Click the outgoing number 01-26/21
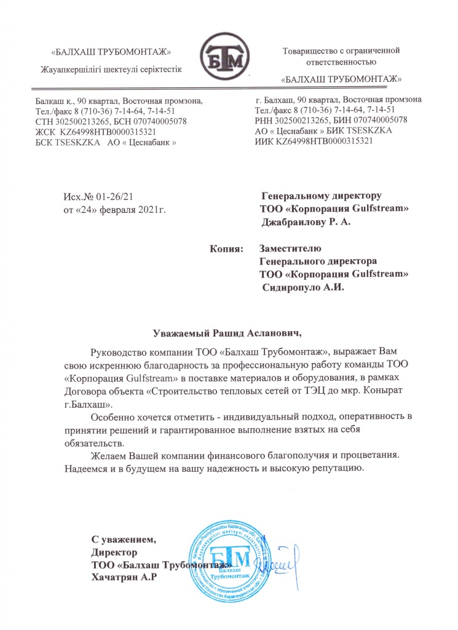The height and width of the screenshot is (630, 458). tap(116, 196)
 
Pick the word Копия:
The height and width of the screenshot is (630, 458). tap(226, 249)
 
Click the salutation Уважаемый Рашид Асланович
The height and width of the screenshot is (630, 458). tap(227, 334)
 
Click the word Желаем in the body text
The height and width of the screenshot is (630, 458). tap(108, 455)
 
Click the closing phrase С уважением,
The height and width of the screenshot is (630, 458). tap(124, 541)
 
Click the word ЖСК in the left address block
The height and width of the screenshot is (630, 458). tap(46, 132)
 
